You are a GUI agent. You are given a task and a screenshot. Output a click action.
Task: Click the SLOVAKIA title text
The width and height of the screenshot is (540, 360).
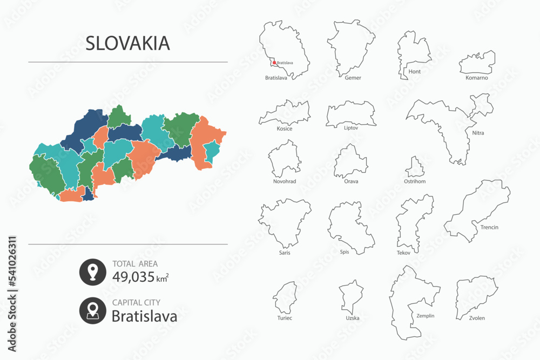point(127,43)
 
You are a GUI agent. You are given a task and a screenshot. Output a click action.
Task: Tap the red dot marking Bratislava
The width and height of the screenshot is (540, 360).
point(274,63)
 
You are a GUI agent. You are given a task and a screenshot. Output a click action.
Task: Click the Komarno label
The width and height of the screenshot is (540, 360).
point(476,78)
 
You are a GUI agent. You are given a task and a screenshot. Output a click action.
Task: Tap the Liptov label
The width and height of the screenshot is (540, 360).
point(351,128)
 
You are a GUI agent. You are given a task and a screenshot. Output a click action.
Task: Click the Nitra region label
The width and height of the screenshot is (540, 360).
point(477,132)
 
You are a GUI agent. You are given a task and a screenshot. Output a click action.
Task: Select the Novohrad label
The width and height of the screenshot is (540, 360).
point(285,181)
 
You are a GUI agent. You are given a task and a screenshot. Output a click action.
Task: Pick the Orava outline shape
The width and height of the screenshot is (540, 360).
point(351,162)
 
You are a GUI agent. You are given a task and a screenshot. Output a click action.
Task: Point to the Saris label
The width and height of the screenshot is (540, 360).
point(284,253)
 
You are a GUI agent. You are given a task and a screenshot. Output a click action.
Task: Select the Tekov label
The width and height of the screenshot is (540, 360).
point(403,253)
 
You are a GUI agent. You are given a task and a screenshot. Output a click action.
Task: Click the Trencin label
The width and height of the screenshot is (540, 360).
point(489,227)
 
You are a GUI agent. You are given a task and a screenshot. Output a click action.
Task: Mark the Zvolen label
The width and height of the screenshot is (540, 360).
point(477,318)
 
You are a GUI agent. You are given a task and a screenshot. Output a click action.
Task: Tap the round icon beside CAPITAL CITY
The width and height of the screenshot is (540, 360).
point(92,310)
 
